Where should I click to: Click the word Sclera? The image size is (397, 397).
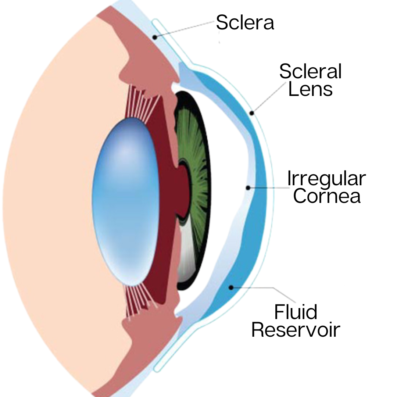[245, 22]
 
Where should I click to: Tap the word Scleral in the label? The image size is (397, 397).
[310, 71]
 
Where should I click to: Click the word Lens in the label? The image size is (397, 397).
[310, 89]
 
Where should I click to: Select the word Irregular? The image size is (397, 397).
[326, 179]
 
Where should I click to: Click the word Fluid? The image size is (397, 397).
[296, 312]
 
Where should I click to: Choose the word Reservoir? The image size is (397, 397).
[296, 330]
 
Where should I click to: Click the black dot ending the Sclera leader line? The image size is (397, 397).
[155, 37]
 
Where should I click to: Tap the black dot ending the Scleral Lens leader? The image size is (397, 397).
[252, 113]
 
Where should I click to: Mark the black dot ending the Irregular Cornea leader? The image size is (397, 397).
[248, 188]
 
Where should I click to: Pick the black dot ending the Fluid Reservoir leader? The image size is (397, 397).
[231, 287]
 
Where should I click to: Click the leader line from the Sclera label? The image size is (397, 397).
[184, 29]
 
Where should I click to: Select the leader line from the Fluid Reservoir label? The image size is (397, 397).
[265, 288]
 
